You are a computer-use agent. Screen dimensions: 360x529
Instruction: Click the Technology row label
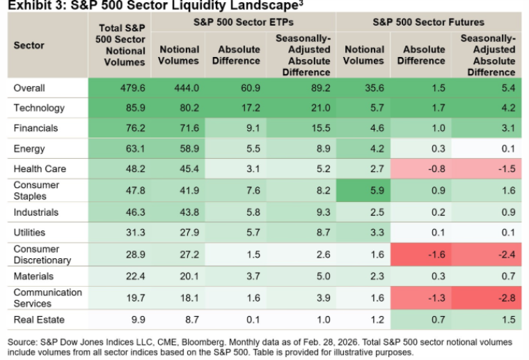click(39, 108)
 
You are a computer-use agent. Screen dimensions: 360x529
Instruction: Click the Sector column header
click(29, 45)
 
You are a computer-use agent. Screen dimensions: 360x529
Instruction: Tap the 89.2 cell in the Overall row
click(301, 88)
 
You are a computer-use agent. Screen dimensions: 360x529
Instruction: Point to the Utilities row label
click(31, 233)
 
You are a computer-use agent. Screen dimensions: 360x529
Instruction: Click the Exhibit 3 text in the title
click(35, 6)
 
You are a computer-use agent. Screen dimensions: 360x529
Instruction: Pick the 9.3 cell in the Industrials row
click(301, 212)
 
